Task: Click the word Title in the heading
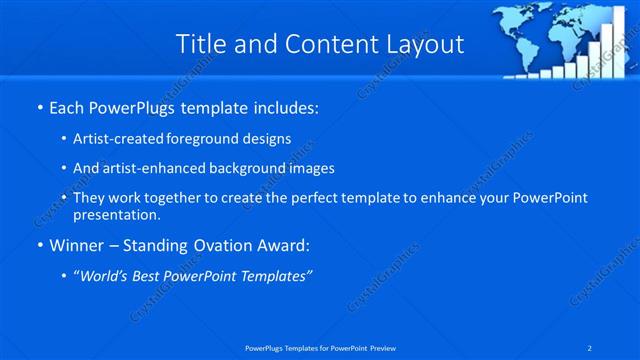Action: point(200,44)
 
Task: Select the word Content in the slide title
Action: point(325,44)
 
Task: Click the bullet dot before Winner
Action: point(38,244)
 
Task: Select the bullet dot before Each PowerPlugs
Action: point(38,106)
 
